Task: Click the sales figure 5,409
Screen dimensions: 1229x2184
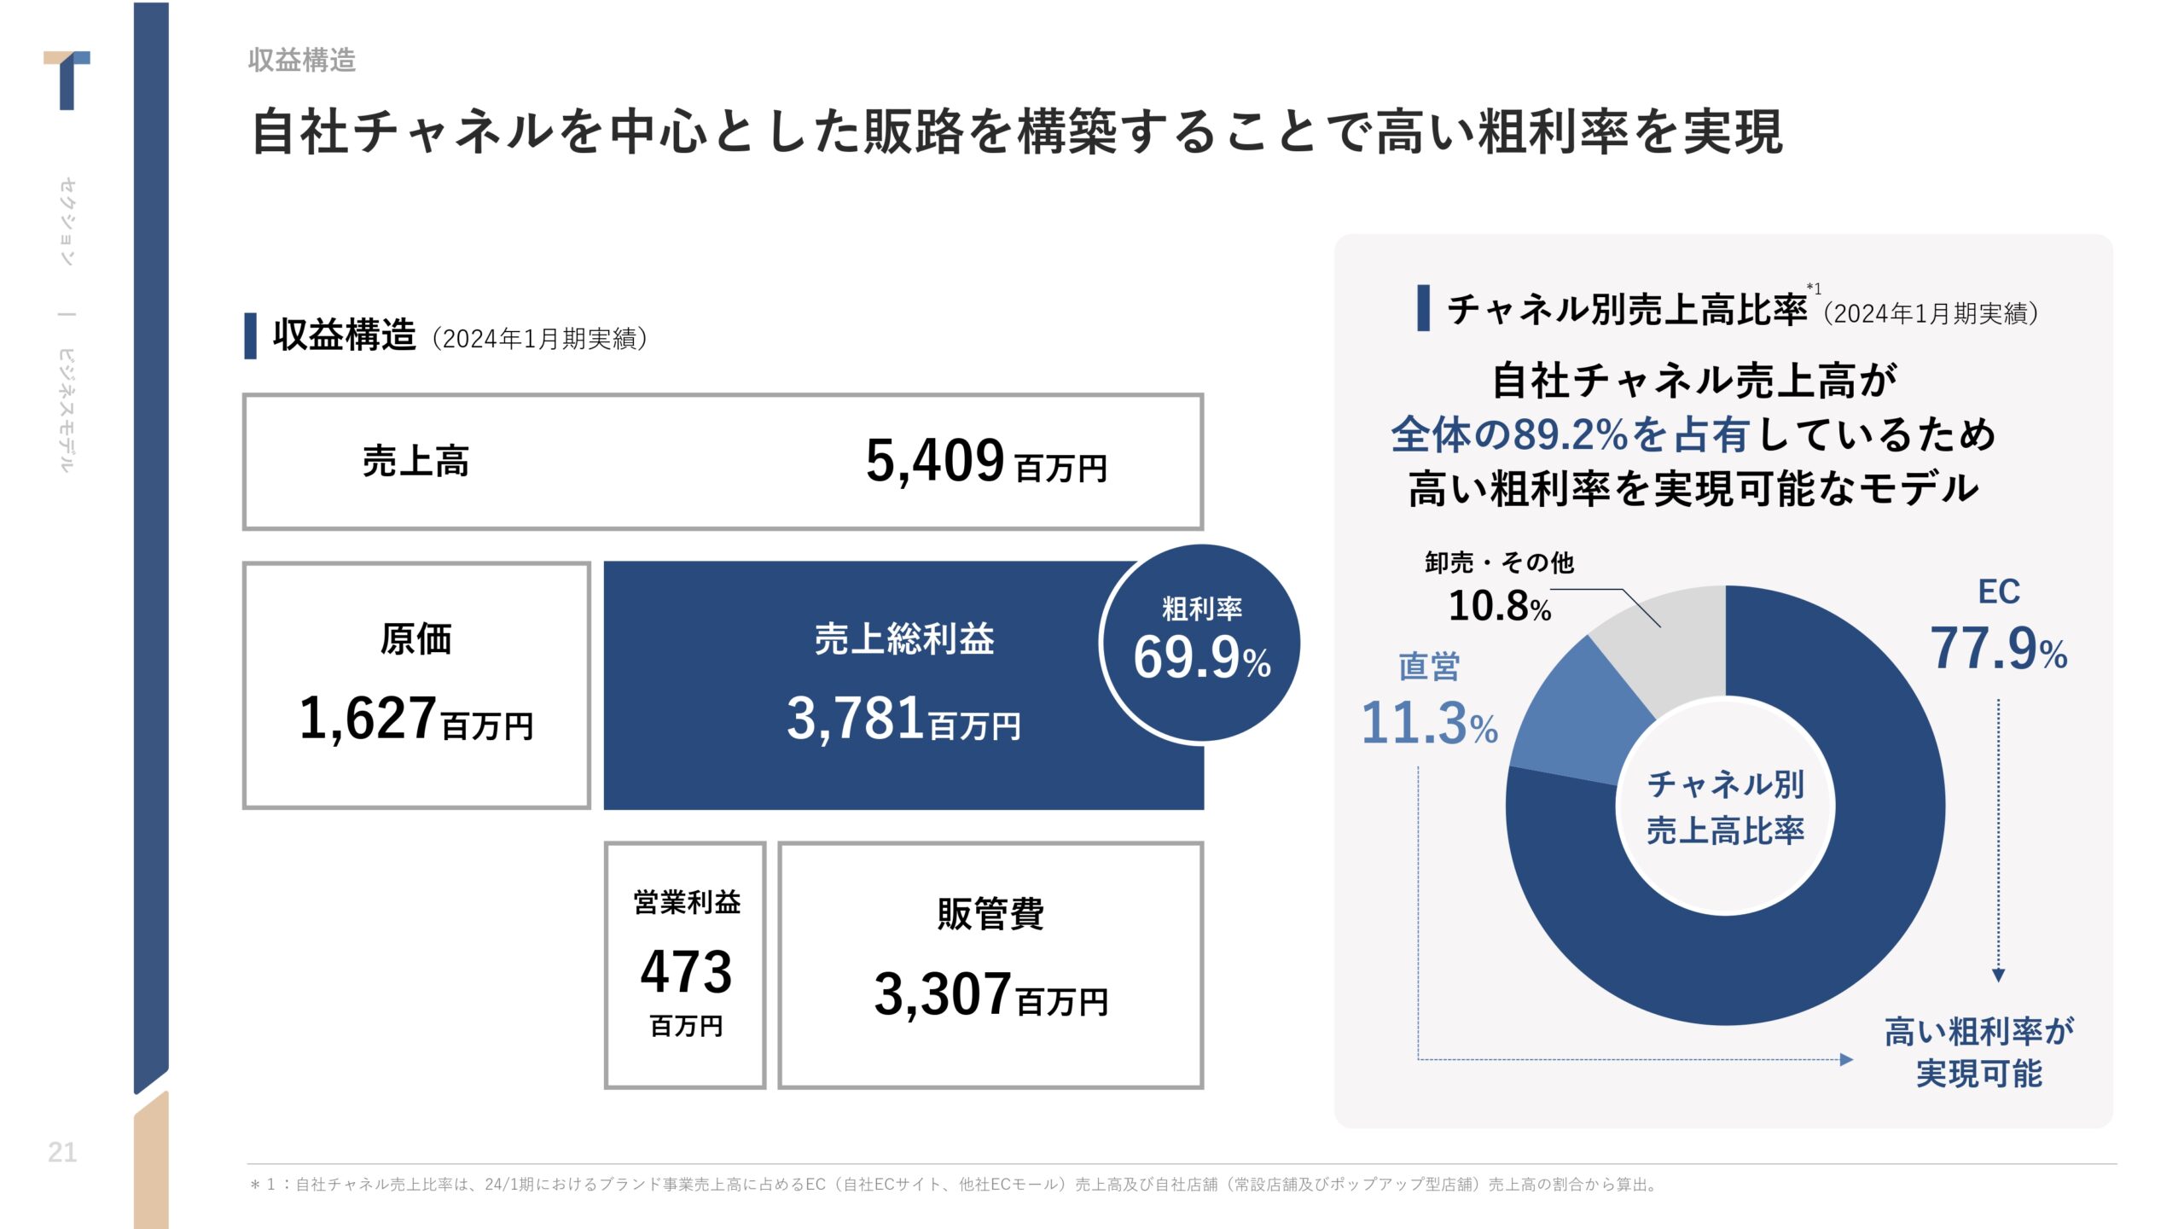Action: pos(935,461)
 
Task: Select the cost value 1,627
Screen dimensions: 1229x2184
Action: pos(368,718)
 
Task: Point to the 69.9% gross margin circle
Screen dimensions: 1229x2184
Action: pos(1200,644)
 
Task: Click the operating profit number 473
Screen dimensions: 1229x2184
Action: pos(686,972)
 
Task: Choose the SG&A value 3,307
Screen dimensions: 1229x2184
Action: pos(942,994)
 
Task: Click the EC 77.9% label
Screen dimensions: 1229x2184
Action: pos(1997,647)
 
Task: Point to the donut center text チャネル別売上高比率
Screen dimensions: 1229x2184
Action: pos(1725,807)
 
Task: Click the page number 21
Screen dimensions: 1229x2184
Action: pos(62,1152)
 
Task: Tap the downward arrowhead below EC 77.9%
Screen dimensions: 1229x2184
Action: pos(1998,975)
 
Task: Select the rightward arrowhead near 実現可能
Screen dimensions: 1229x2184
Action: pos(1846,1059)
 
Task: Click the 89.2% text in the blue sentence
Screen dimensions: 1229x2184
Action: pos(1570,434)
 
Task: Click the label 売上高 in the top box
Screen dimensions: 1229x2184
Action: pos(415,462)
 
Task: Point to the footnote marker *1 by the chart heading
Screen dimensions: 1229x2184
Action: pos(1814,289)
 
